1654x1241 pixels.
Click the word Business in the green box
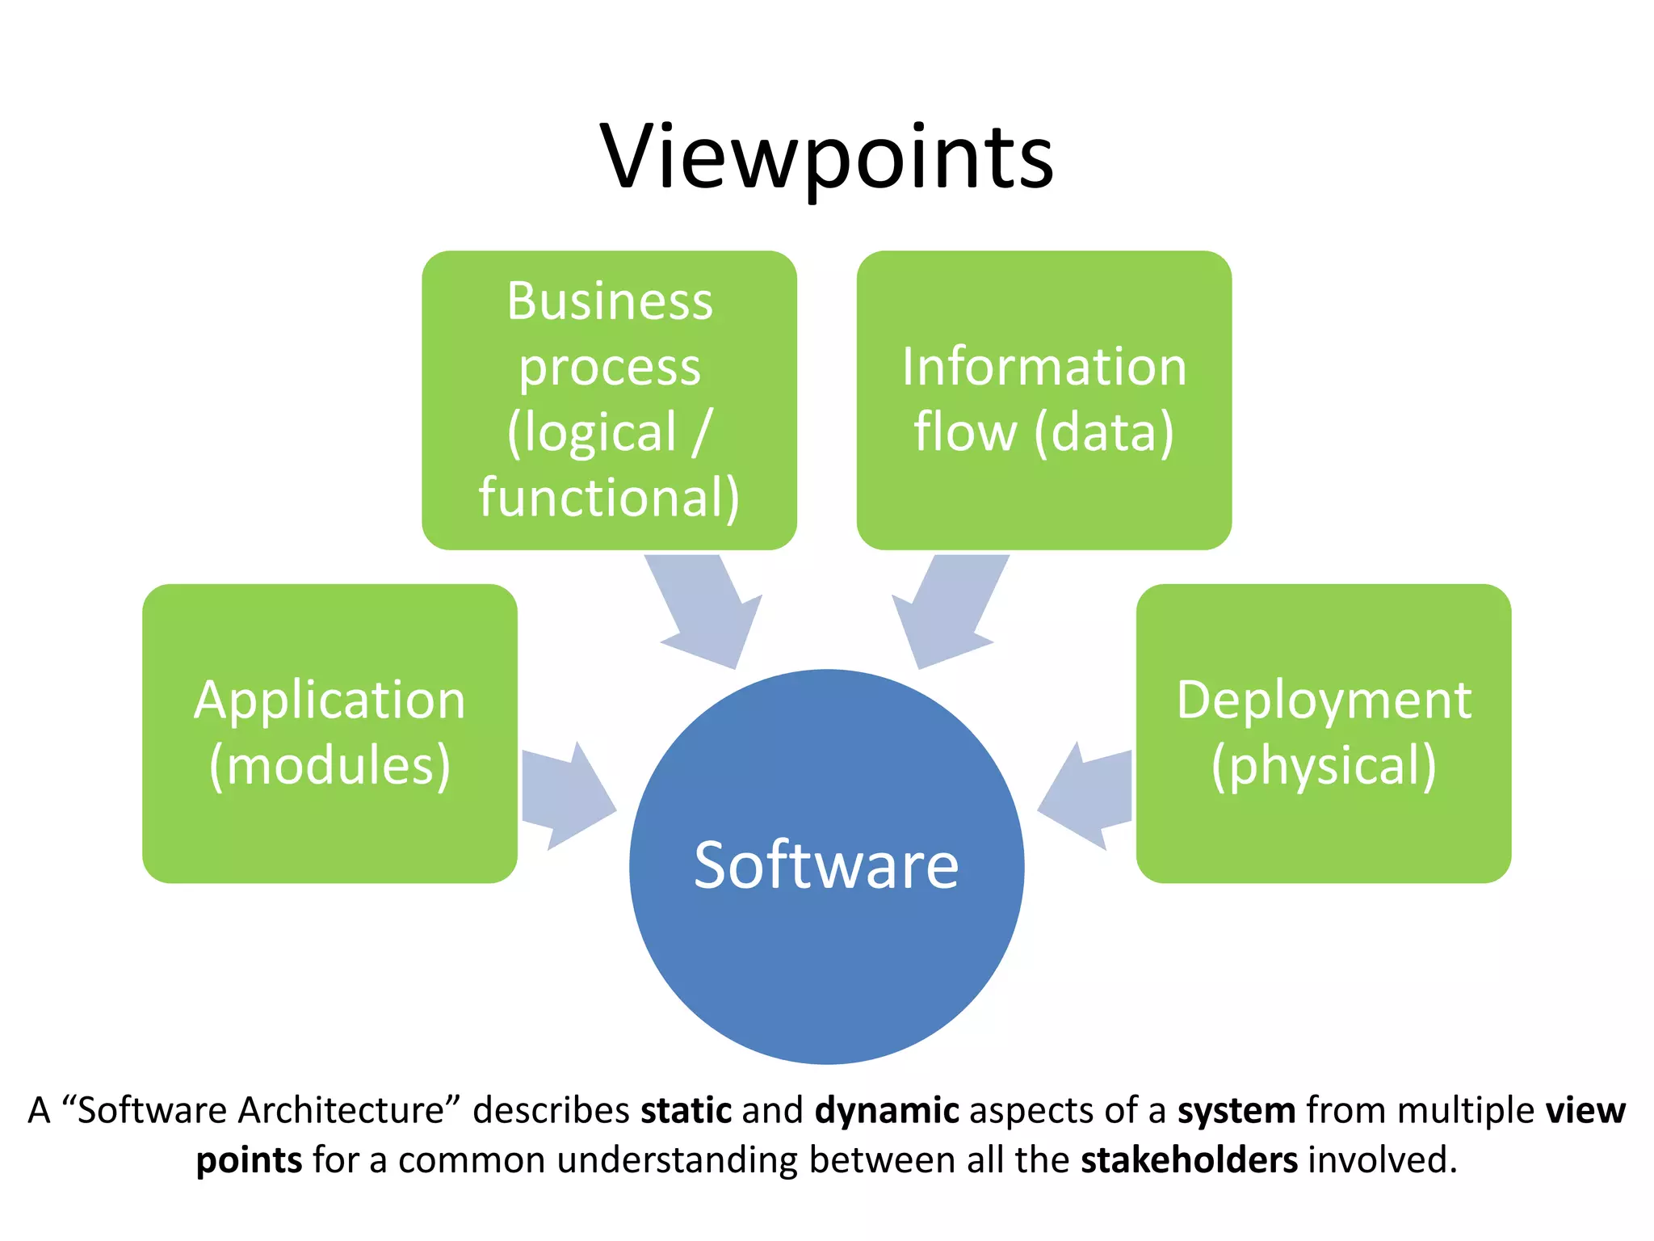pos(610,301)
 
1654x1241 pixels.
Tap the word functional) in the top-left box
pos(609,497)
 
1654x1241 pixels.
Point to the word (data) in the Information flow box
pos(1104,431)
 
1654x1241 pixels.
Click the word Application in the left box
pos(330,700)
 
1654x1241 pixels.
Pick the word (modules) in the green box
pos(330,765)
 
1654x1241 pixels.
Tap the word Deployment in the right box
pos(1324,700)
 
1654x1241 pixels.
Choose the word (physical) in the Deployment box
pos(1324,765)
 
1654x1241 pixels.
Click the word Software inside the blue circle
pos(826,865)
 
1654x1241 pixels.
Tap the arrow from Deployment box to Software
pos(1086,796)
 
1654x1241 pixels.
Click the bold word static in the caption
pos(686,1110)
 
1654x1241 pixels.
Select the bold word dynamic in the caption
pos(887,1110)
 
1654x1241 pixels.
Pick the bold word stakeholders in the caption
pos(1189,1160)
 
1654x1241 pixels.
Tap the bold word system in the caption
pos(1236,1110)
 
